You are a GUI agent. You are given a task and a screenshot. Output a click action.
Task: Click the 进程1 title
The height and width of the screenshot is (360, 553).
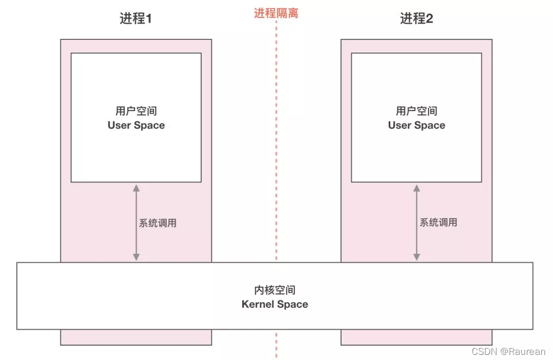[x=136, y=19]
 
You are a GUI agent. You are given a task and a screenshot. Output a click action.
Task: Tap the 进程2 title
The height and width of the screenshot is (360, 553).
[x=416, y=19]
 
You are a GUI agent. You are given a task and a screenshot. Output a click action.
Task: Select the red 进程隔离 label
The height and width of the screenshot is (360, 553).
[x=276, y=13]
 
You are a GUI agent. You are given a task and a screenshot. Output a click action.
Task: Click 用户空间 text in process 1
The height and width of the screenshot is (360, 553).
[x=136, y=111]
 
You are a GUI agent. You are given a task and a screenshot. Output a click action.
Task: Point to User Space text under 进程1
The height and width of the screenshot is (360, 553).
[x=136, y=125]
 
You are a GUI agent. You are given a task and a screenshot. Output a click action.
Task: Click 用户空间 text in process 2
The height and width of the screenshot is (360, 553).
[x=416, y=111]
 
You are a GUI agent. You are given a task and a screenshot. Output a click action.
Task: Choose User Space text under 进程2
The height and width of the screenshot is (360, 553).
[x=416, y=125]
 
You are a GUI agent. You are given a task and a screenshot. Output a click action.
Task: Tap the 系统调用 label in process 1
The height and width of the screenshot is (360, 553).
[x=158, y=223]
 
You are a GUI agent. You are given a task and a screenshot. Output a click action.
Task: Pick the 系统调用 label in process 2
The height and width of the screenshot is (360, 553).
[x=438, y=223]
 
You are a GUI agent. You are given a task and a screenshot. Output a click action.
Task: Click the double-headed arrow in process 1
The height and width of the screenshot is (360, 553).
[x=136, y=223]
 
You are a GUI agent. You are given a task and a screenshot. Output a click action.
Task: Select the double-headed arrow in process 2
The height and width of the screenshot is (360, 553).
[x=416, y=223]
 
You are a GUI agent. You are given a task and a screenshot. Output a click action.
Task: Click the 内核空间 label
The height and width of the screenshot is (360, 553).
[x=275, y=290]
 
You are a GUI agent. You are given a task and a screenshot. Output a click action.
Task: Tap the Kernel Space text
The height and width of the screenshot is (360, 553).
[x=275, y=305]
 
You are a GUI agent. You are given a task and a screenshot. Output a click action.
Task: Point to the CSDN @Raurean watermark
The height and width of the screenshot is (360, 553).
[x=508, y=352]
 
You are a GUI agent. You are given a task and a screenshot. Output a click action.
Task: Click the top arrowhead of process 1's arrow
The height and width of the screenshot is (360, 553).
[x=136, y=188]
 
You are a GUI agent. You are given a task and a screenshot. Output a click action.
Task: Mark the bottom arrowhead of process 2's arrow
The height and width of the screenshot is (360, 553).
[x=416, y=257]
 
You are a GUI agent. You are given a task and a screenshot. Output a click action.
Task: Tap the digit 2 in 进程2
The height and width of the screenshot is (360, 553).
[x=430, y=19]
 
